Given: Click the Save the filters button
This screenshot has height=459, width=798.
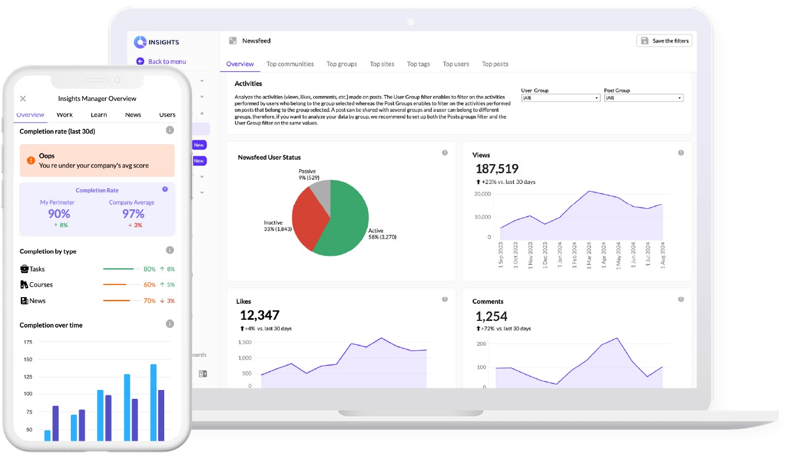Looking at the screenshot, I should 664,40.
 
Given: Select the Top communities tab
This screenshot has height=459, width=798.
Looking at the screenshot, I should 290,64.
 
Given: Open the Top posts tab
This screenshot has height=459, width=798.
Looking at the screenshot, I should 495,64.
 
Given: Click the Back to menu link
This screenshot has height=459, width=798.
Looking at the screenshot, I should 166,61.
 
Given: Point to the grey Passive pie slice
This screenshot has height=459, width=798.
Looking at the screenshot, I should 321,190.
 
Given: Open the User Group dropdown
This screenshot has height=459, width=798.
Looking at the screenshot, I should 560,98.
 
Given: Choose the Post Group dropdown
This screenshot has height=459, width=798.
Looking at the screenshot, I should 644,98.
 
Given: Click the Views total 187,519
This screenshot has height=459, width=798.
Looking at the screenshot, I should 497,169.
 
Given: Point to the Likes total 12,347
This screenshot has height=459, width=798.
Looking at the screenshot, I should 259,315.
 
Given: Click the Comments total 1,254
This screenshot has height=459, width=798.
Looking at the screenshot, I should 491,316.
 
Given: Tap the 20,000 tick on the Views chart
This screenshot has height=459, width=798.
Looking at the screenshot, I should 483,194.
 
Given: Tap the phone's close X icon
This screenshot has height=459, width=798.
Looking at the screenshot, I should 23,98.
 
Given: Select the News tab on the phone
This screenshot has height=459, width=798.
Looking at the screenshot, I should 133,115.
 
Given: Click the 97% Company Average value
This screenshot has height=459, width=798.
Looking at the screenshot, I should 133,214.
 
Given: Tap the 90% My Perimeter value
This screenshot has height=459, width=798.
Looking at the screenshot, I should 59,214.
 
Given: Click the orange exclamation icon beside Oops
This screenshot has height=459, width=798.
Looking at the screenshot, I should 31,160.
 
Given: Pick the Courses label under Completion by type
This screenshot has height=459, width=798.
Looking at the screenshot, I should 41,284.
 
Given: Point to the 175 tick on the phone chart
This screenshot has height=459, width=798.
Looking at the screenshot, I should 28,342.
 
